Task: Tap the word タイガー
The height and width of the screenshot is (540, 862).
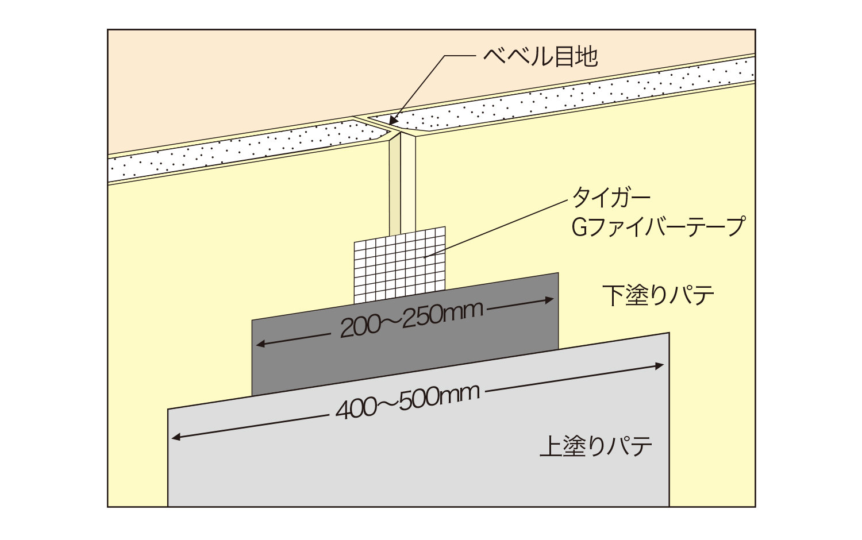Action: tap(611, 199)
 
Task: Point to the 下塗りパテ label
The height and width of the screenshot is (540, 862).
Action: tap(658, 295)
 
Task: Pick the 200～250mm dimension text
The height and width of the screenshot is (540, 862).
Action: tap(412, 320)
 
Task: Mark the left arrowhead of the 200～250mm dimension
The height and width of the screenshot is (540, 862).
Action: tap(261, 344)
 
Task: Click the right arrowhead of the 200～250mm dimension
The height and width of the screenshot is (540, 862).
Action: tap(549, 300)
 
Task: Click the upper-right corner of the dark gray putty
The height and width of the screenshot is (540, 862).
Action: tap(559, 273)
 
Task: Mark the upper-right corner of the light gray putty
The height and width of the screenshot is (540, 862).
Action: tap(669, 333)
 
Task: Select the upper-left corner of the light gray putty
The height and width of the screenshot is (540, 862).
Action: tap(168, 409)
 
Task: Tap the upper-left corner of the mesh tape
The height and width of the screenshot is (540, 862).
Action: tap(354, 242)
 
